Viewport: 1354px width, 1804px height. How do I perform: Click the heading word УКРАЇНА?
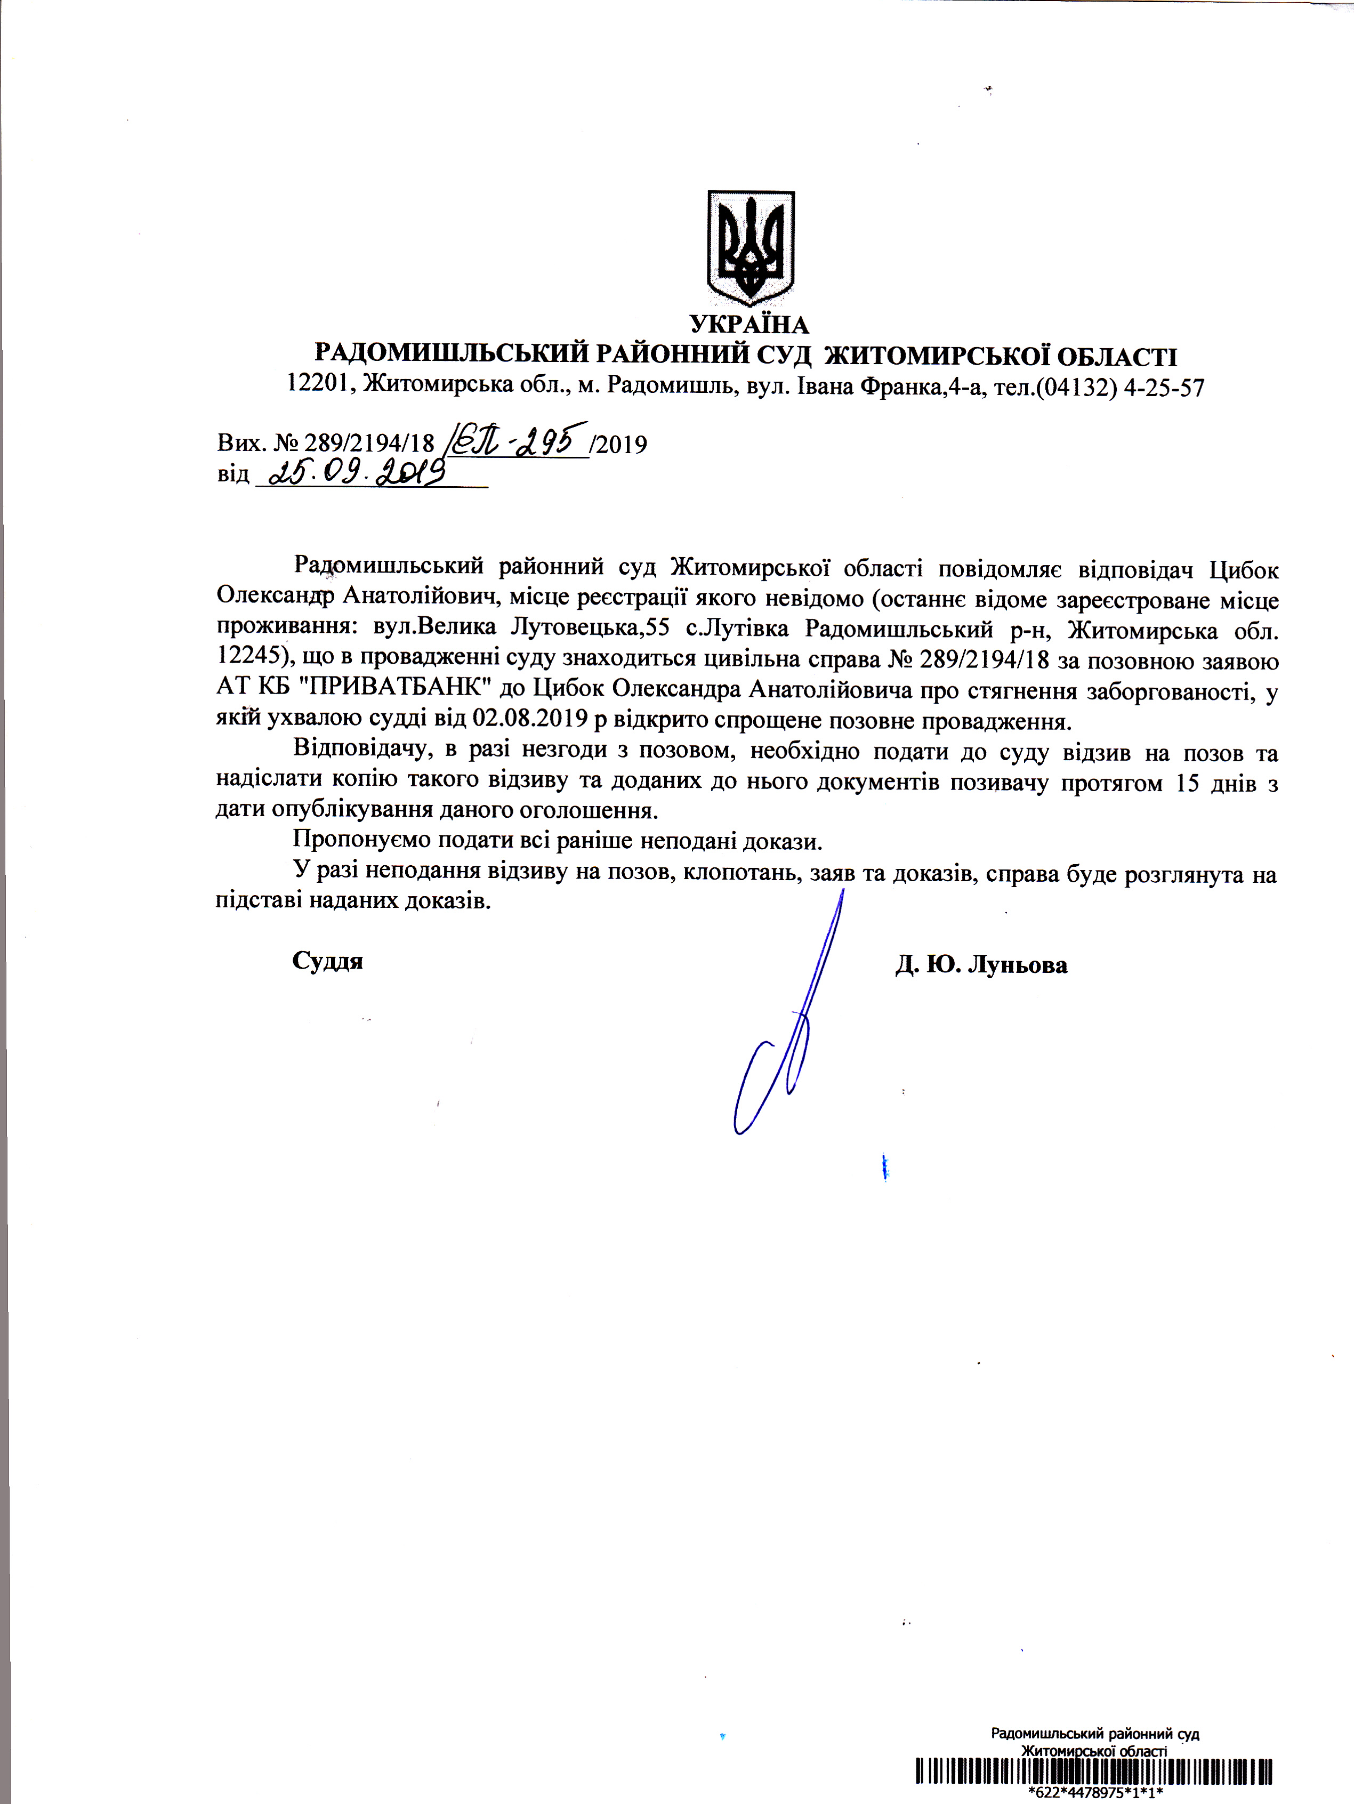coord(749,325)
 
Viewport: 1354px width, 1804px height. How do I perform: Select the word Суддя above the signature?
coord(327,961)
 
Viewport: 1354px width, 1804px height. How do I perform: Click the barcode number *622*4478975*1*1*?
coord(1094,1791)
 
